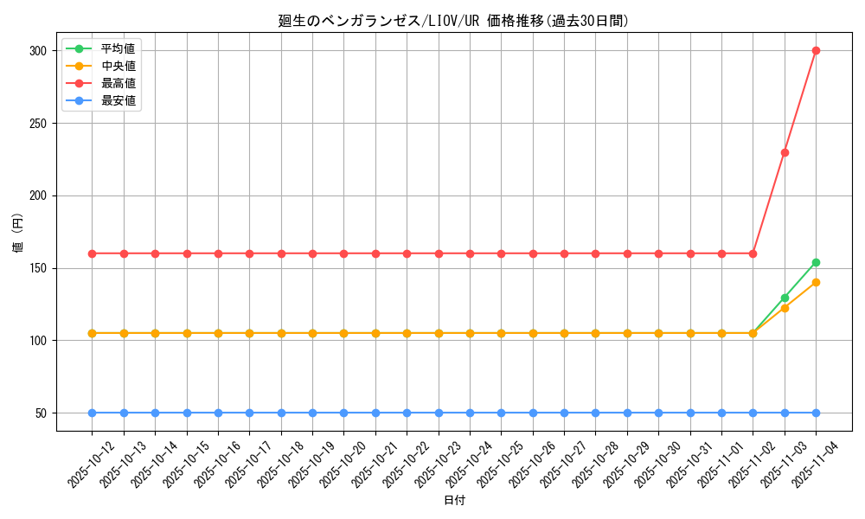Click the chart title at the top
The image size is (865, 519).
click(453, 21)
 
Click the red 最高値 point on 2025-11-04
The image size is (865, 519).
click(816, 50)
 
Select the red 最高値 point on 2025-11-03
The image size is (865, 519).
click(785, 152)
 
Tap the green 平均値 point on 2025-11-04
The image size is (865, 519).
click(816, 262)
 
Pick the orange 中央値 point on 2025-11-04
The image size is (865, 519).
click(816, 282)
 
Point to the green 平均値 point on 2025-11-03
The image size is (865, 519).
click(785, 298)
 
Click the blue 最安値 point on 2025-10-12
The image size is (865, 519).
click(92, 413)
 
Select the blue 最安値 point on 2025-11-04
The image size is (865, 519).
click(816, 413)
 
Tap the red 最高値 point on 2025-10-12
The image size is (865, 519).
click(92, 253)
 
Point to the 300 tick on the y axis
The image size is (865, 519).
click(37, 51)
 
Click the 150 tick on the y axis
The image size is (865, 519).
click(37, 268)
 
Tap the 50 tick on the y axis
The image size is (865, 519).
click(41, 413)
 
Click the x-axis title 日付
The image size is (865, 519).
click(454, 501)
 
